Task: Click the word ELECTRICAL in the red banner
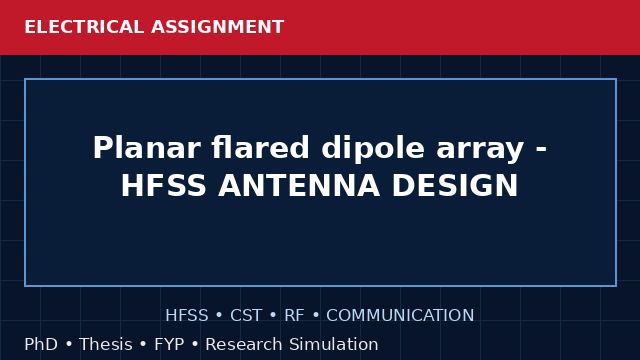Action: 84,27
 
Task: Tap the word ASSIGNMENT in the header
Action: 218,27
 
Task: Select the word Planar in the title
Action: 147,147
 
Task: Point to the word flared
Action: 260,147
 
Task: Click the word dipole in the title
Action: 373,149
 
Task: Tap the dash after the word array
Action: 541,150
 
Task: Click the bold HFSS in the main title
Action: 163,185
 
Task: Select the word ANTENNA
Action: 299,185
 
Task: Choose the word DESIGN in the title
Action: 455,185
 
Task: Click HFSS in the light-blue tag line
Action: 187,315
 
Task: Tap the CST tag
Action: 246,315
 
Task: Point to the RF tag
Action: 294,315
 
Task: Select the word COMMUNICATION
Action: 400,315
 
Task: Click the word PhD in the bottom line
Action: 41,344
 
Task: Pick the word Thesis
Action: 106,344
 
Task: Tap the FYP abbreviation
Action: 169,344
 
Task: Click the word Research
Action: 244,344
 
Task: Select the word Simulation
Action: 334,344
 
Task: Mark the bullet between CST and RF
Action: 273,315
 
